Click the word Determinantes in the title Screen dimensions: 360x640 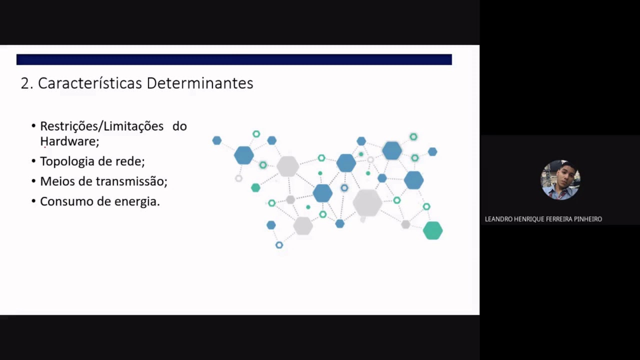[199, 83]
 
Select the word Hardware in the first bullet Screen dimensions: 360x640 [68, 141]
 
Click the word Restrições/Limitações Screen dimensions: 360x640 [101, 126]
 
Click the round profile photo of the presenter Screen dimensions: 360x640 [560, 180]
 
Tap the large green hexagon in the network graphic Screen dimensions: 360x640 [432, 230]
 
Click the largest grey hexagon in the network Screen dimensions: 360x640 [367, 202]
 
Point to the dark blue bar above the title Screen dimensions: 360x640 [234, 59]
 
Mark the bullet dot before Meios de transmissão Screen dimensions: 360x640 [33, 181]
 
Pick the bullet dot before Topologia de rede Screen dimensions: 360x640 [33, 161]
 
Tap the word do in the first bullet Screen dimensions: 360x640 [179, 126]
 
